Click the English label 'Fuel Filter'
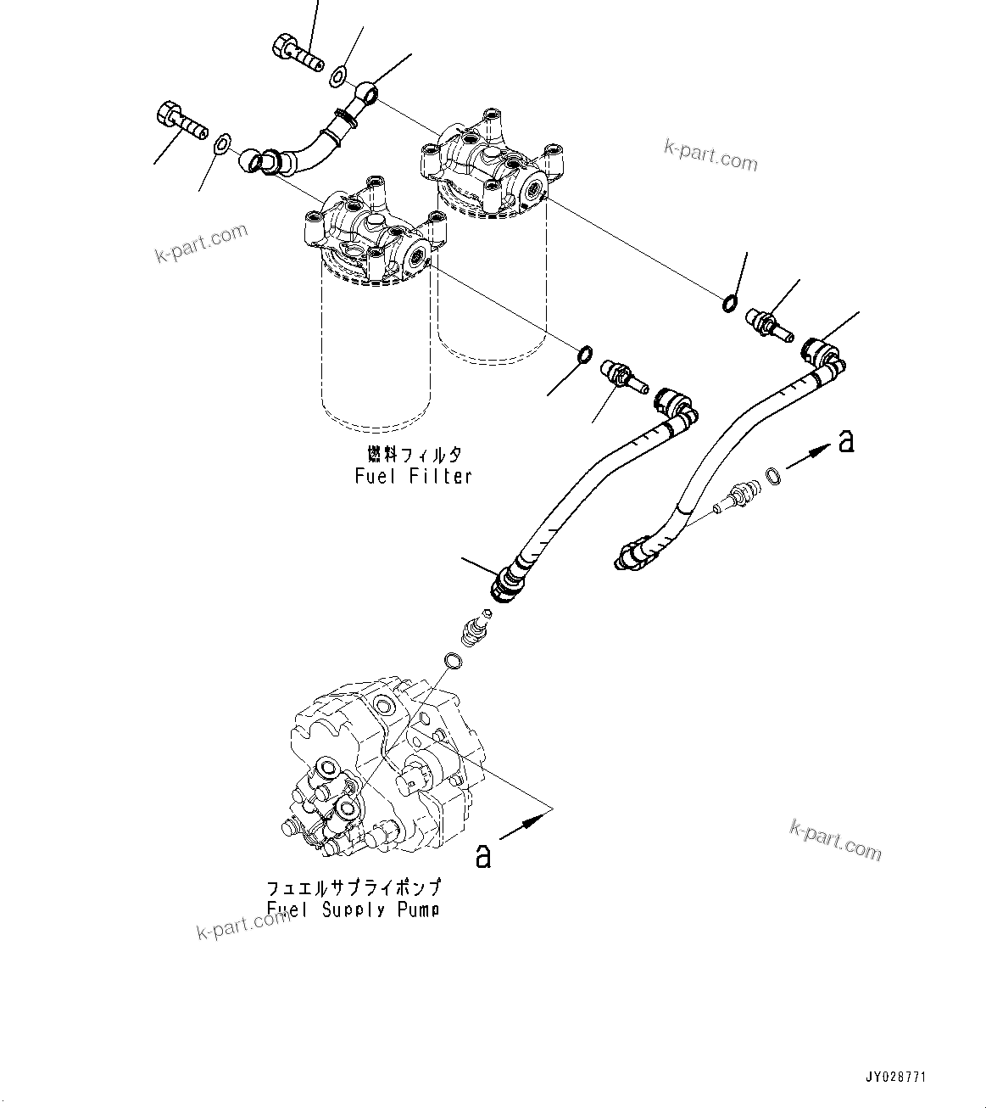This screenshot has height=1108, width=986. [413, 476]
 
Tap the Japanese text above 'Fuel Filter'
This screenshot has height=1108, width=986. [414, 454]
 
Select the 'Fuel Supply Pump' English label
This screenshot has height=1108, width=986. [353, 909]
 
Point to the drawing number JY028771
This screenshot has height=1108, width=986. [895, 1077]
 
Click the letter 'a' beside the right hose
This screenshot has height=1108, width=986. [845, 442]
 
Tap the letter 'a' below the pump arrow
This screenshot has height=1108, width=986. [482, 856]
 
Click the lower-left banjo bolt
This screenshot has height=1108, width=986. [181, 121]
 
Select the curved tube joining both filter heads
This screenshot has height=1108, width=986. [309, 140]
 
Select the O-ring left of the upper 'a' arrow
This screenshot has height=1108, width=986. [773, 477]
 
